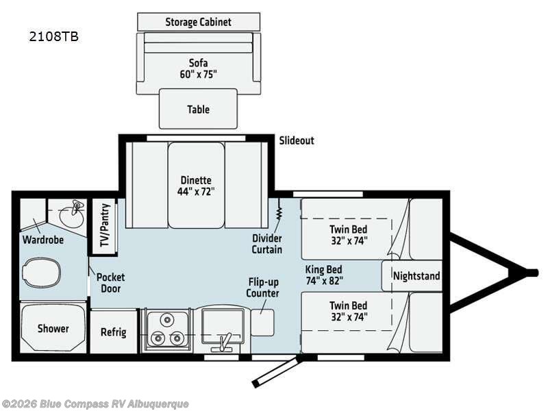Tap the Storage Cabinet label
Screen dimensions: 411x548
point(198,22)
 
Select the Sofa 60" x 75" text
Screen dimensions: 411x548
point(198,68)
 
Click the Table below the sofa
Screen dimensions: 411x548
point(198,109)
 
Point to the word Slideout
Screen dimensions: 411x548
point(297,140)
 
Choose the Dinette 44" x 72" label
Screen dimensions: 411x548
point(196,186)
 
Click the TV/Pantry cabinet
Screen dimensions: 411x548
point(105,224)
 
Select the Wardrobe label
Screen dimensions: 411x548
point(43,240)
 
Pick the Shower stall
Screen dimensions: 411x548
point(53,328)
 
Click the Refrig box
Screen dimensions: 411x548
point(114,332)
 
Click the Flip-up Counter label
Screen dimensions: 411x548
point(263,288)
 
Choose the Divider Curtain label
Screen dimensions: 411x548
point(266,244)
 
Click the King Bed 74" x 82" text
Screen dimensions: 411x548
point(323,275)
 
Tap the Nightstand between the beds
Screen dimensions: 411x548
point(416,276)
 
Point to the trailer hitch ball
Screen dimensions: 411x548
point(531,273)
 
